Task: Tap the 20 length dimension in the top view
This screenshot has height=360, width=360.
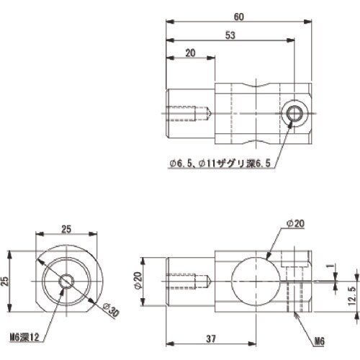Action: [x=190, y=53]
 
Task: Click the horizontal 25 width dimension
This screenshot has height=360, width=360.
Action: [x=66, y=229]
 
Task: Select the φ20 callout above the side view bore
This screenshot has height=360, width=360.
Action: [x=294, y=225]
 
